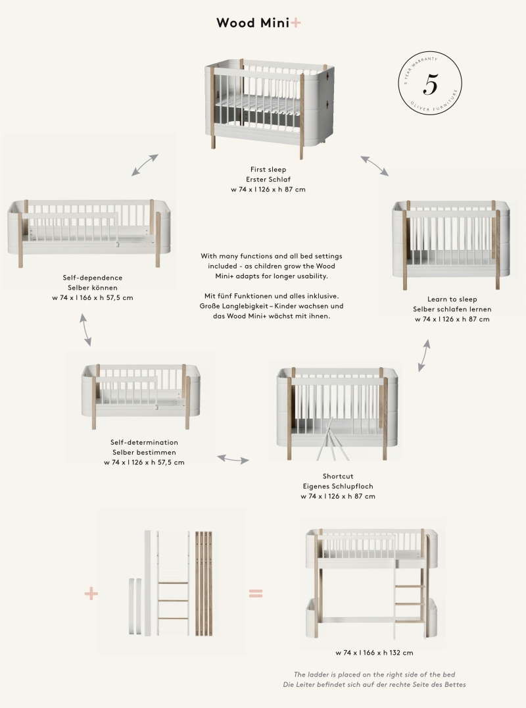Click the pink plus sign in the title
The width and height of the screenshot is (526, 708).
pyautogui.click(x=295, y=22)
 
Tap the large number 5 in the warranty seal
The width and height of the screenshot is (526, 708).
pyautogui.click(x=431, y=84)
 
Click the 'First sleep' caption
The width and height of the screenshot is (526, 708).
pyautogui.click(x=268, y=169)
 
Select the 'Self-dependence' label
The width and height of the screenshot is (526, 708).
pyautogui.click(x=93, y=278)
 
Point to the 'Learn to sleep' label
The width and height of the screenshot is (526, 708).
pyautogui.click(x=452, y=299)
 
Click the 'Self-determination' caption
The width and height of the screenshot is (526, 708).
pyautogui.click(x=145, y=442)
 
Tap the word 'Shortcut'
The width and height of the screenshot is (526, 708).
pyautogui.click(x=338, y=476)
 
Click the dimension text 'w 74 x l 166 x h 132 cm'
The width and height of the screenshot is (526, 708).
pyautogui.click(x=374, y=653)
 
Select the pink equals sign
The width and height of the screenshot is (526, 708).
pyautogui.click(x=256, y=593)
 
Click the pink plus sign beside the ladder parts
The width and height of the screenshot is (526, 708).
pyautogui.click(x=91, y=594)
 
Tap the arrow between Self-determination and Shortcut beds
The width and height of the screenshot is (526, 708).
pyautogui.click(x=233, y=459)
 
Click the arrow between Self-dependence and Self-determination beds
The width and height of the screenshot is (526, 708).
pyautogui.click(x=85, y=330)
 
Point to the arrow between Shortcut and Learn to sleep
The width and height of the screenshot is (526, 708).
pyautogui.click(x=424, y=356)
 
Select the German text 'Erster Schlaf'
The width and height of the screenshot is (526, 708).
pyautogui.click(x=268, y=179)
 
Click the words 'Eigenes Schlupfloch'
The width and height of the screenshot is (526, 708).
pyautogui.click(x=338, y=486)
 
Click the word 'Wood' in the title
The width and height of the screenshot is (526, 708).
pyautogui.click(x=235, y=22)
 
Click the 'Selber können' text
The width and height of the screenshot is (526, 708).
pyautogui.click(x=93, y=288)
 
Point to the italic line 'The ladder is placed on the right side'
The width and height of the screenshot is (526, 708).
pyautogui.click(x=374, y=674)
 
